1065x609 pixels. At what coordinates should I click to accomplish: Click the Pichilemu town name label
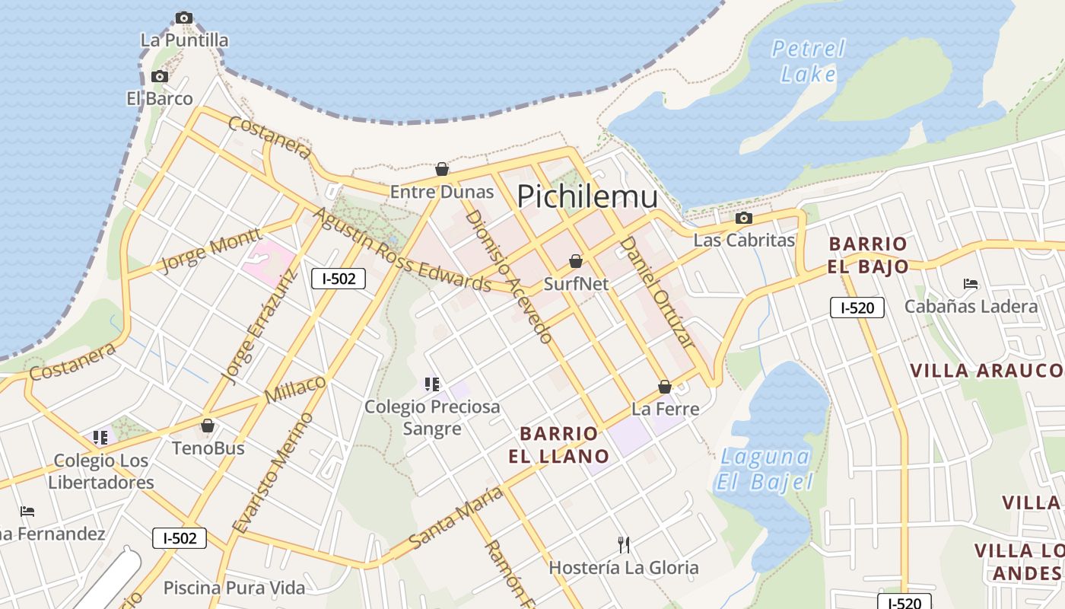pos(587,196)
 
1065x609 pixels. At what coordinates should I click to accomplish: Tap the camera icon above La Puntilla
pos(183,18)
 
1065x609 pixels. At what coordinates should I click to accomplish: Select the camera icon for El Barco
pos(159,76)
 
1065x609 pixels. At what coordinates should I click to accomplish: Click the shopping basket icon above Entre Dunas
pos(442,169)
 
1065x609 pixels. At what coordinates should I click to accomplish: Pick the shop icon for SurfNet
pos(576,261)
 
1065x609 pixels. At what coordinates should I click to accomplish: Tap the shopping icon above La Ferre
pos(665,387)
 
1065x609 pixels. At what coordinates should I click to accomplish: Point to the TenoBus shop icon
pos(208,426)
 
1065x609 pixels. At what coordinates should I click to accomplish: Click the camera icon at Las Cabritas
pos(744,218)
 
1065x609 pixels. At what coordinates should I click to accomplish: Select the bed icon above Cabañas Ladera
pos(971,284)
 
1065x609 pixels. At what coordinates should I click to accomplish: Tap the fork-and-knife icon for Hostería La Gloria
pos(624,544)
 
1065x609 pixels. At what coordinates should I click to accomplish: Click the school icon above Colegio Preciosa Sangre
pos(432,384)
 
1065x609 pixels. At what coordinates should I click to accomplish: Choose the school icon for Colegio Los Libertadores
pos(100,438)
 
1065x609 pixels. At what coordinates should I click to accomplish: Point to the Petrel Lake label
pos(809,62)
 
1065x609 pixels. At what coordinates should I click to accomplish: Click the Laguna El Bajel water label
pos(765,469)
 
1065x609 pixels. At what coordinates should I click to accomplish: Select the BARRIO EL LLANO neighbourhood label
pos(564,445)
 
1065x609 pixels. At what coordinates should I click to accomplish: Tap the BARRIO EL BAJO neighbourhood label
pos(868,255)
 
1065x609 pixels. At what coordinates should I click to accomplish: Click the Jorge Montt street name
pos(211,250)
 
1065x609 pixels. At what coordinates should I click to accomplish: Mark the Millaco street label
pos(296,389)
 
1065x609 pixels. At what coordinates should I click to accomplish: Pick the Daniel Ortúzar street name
pos(656,292)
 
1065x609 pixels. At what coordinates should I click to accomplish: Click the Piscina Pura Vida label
pos(234,588)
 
